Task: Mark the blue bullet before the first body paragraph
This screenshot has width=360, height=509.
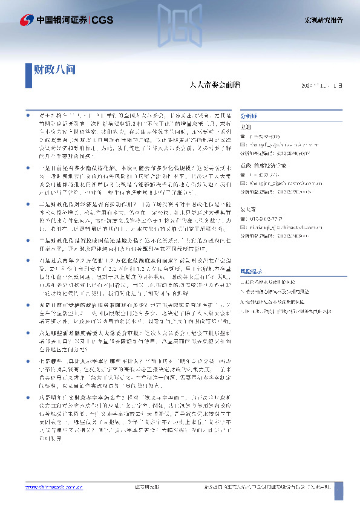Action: (27, 113)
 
